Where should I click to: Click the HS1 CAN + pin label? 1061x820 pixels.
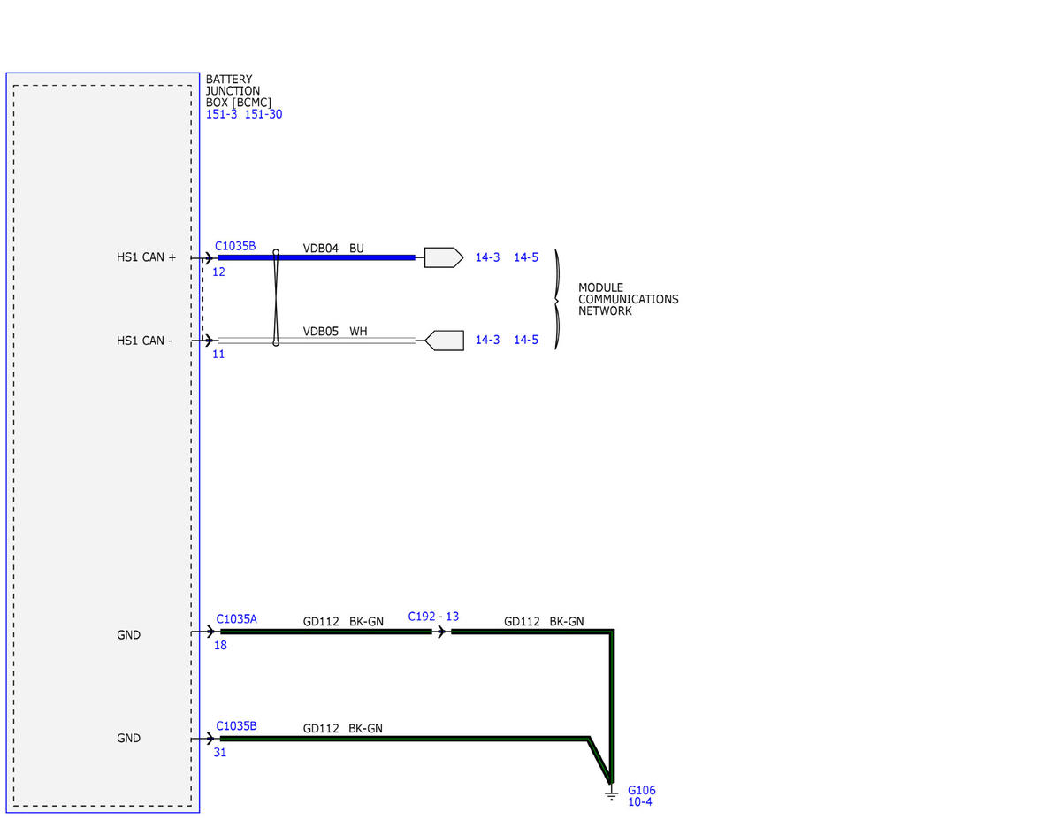146,257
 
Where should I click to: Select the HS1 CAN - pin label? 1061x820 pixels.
144,341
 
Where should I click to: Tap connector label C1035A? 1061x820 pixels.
236,619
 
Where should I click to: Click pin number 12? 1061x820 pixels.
218,272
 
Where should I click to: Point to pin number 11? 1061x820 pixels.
218,355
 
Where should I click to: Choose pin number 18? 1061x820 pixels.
220,645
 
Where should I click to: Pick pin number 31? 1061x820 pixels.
220,752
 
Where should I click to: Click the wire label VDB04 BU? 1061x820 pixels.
333,248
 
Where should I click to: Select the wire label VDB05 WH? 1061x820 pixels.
335,331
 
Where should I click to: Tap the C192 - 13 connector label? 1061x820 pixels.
433,617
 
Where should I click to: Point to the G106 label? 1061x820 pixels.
642,790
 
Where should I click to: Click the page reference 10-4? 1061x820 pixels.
639,802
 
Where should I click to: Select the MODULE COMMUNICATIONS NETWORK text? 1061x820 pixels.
629,299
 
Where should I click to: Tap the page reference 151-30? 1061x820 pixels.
263,114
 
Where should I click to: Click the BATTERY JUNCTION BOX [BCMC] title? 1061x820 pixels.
238,91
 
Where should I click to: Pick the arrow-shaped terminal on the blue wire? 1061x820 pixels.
444,257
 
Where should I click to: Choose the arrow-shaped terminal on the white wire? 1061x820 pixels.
445,341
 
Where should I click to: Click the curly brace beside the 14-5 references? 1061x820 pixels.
557,299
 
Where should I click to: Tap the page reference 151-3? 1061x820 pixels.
221,114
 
